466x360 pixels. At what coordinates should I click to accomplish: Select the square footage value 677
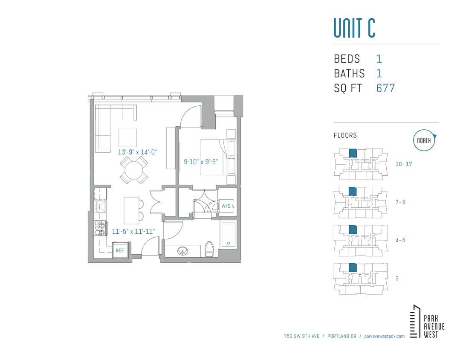tap(385, 88)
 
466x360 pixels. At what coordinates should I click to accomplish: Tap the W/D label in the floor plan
tap(226, 206)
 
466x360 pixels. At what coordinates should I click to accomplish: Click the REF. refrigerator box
tap(120, 250)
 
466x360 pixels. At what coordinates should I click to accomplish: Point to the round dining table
tap(134, 170)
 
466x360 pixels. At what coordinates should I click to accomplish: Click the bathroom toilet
tap(209, 249)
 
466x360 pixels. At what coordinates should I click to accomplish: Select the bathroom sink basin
tap(184, 251)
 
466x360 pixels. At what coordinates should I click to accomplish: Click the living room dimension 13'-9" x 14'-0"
tap(138, 152)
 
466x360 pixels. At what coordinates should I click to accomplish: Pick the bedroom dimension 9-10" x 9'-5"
tap(201, 162)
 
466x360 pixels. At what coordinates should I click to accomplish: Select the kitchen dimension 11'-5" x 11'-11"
tap(133, 232)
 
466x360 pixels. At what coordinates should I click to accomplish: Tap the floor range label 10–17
tap(403, 164)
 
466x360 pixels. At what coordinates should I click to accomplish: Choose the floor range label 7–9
tap(400, 202)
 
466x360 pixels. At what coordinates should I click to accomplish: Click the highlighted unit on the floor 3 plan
tap(353, 267)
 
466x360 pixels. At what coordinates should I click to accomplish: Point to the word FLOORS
tap(345, 136)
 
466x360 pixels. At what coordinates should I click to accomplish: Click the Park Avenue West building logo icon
tap(414, 322)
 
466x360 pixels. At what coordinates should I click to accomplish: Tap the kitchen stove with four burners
tap(100, 229)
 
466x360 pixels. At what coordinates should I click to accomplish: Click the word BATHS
tap(349, 73)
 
